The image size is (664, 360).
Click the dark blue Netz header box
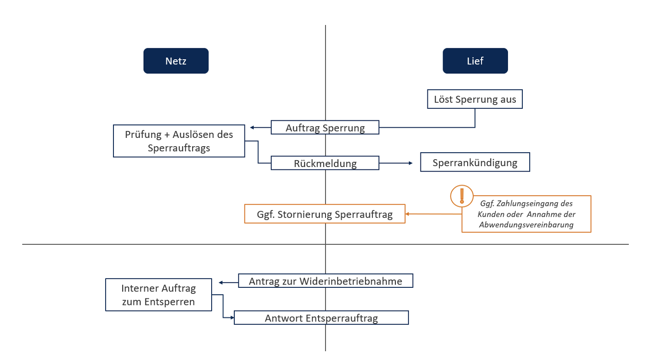176,61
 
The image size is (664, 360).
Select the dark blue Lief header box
475,61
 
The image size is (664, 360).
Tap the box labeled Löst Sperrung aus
475,99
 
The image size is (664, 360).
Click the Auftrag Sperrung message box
325,128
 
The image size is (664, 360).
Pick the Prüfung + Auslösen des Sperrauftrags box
179,141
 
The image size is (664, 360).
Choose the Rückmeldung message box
325,163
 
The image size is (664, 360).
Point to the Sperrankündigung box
475,163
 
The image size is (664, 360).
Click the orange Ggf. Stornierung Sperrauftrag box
325,214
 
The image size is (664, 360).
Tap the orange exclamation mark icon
462,196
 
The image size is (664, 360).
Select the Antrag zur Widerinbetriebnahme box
326,281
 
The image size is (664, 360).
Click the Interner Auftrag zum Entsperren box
158,295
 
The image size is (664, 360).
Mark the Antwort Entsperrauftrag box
321,318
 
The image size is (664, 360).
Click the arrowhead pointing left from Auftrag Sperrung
252,128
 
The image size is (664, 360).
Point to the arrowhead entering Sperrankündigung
410,163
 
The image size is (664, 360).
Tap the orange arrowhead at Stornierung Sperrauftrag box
408,214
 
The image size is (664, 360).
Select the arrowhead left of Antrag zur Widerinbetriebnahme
221,282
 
